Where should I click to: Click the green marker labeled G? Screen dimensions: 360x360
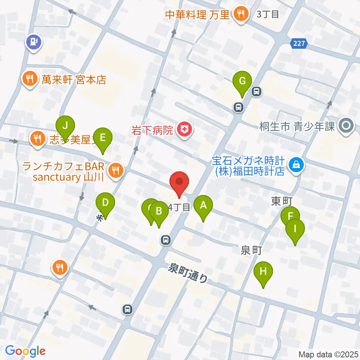click(242, 81)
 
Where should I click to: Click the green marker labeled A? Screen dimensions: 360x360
click(203, 205)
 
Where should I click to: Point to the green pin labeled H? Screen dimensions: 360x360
click(263, 271)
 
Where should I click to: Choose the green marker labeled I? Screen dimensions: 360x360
click(295, 229)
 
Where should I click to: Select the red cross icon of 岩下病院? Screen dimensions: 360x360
click(184, 130)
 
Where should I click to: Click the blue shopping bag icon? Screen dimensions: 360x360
click(296, 164)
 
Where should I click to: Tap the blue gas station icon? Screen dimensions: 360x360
click(34, 41)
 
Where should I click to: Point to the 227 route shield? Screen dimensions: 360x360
click(299, 44)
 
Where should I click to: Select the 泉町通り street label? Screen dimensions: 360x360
click(188, 273)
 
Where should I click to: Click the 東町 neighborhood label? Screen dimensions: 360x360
click(282, 201)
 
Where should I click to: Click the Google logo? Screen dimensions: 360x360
click(25, 351)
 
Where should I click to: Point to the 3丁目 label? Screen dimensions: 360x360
click(268, 15)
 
